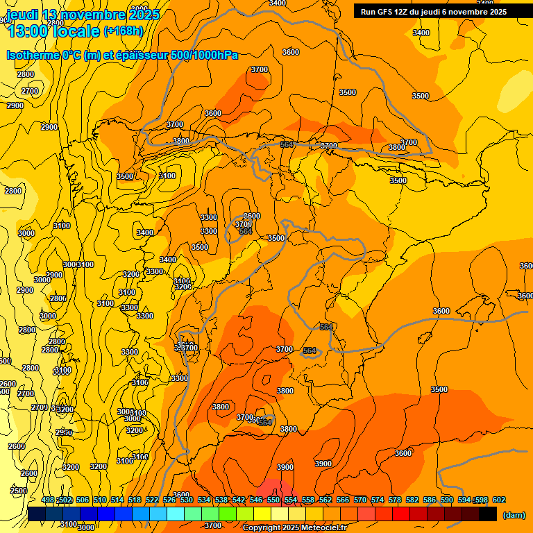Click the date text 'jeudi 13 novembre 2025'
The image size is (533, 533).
(83, 15)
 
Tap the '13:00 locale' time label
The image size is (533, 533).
(53, 31)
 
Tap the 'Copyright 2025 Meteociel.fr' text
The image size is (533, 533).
(294, 527)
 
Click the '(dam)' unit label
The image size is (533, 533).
(514, 514)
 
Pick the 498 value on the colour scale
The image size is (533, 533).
(48, 500)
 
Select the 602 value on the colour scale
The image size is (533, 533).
(499, 500)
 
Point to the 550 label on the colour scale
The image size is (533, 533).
(273, 500)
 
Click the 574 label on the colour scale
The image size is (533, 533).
(378, 500)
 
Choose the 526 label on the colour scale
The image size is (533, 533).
(169, 500)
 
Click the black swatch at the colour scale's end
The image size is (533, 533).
(488, 514)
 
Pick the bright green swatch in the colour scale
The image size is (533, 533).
(228, 514)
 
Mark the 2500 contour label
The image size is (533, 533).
(19, 491)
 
